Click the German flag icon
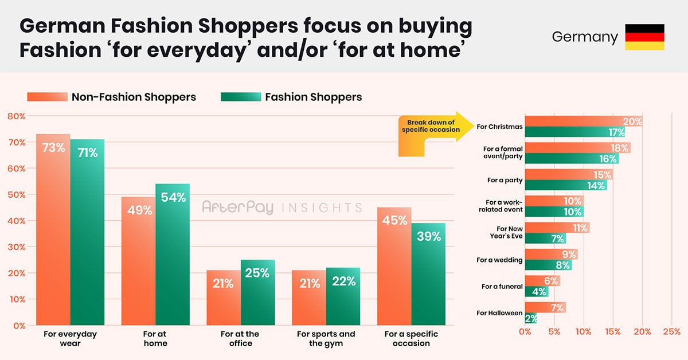[644, 37]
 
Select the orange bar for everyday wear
[53, 229]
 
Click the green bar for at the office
[258, 292]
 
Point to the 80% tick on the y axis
[16, 116]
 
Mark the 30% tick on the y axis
[16, 247]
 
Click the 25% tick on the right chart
[671, 331]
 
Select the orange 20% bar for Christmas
[584, 122]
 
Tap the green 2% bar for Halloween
[531, 318]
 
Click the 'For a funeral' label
[502, 287]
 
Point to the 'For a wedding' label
[499, 260]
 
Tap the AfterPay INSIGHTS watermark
[282, 208]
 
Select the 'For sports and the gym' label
[326, 338]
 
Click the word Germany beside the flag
[585, 37]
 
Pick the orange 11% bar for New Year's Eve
[557, 228]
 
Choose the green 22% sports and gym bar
[343, 296]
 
